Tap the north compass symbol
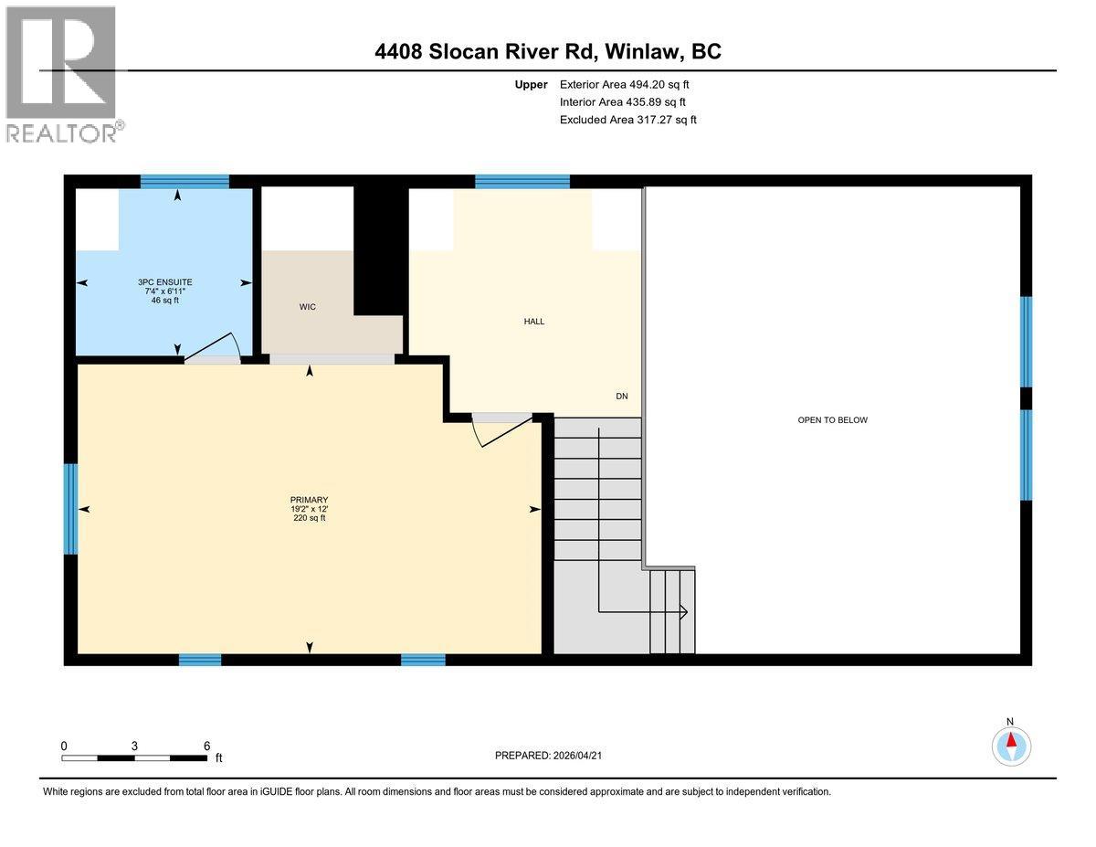tap(1011, 745)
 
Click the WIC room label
tap(308, 307)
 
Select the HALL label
tap(534, 321)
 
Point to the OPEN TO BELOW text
tap(832, 420)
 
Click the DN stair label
tap(622, 397)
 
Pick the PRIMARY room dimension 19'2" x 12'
tap(309, 509)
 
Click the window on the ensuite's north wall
tap(184, 181)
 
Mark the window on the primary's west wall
tap(70, 509)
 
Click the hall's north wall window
tap(522, 181)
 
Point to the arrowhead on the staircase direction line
tap(682, 611)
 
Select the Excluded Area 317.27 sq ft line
tap(628, 120)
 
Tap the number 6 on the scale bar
tap(207, 746)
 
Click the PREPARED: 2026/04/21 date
tap(548, 756)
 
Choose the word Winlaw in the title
tap(643, 51)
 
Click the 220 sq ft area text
tap(309, 519)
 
